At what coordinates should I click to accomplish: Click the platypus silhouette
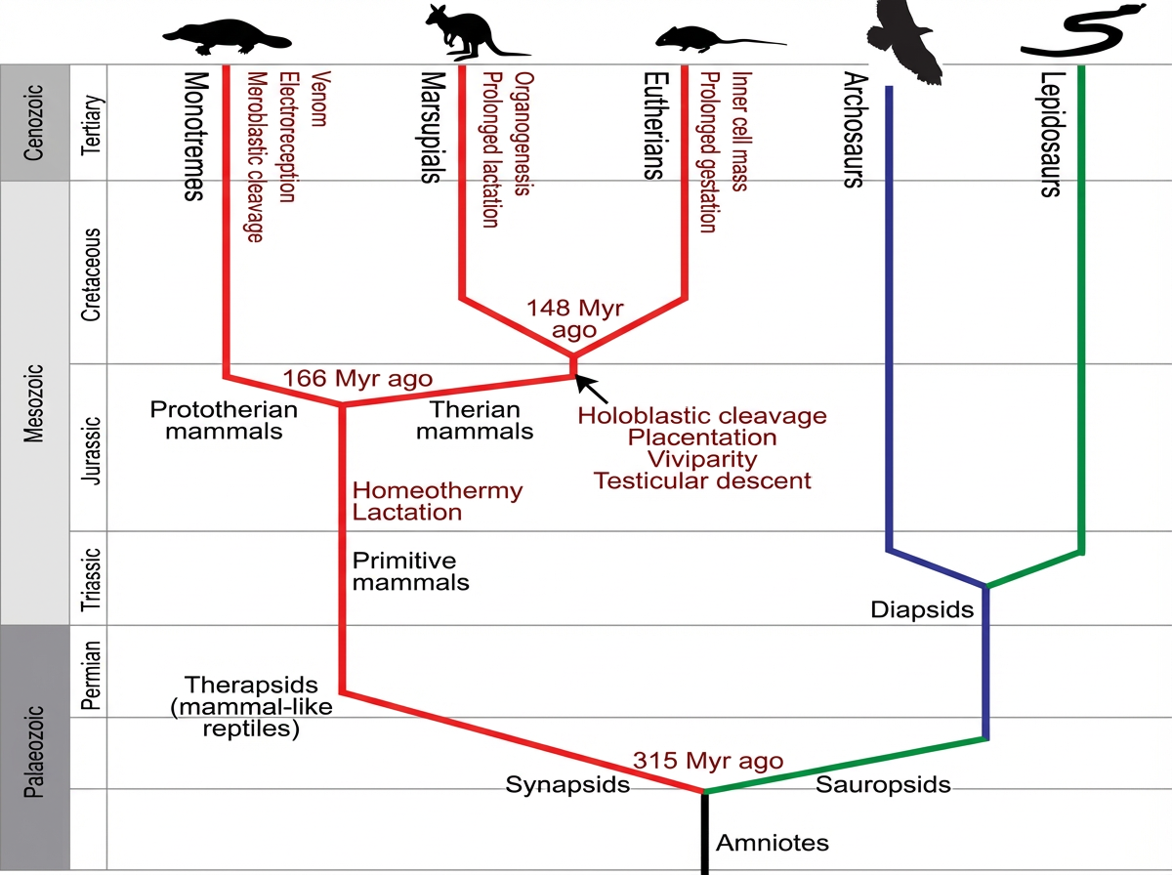pyautogui.click(x=226, y=36)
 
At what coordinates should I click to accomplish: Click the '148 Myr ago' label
pyautogui.click(x=574, y=319)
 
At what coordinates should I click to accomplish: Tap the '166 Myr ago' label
pyautogui.click(x=357, y=378)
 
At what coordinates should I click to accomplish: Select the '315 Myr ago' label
pyautogui.click(x=707, y=761)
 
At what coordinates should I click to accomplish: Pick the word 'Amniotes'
pyautogui.click(x=773, y=843)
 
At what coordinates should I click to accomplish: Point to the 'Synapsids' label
pyautogui.click(x=567, y=784)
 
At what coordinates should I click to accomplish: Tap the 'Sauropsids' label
pyautogui.click(x=883, y=784)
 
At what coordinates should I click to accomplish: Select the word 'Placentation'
pyautogui.click(x=702, y=437)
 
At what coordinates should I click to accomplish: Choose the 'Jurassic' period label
pyautogui.click(x=90, y=447)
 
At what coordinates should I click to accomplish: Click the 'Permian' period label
pyautogui.click(x=90, y=672)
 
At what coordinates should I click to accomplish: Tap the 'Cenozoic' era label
pyautogui.click(x=34, y=122)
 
